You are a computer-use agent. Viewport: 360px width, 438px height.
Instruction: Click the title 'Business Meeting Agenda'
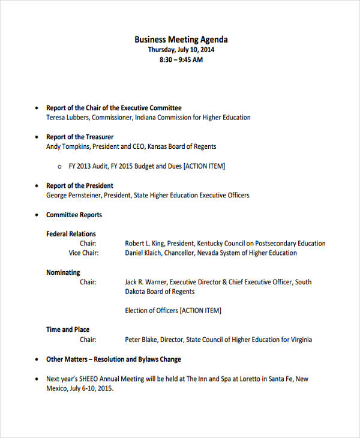[x=181, y=40]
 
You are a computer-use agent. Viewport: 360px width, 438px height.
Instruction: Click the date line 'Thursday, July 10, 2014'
[x=181, y=50]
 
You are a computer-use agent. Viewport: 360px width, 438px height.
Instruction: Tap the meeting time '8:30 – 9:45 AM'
[x=181, y=60]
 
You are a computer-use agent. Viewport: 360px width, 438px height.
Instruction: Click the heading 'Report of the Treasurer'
[x=80, y=137]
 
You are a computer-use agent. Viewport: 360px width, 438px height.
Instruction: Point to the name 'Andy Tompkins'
[x=67, y=146]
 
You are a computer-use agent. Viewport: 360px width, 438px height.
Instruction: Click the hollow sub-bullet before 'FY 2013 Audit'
[x=59, y=166]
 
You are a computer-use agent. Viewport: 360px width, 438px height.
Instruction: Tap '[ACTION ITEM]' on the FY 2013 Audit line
[x=204, y=166]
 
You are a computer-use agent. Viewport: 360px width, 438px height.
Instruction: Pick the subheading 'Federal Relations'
[x=71, y=234]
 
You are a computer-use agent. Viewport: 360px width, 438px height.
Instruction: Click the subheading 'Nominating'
[x=63, y=272]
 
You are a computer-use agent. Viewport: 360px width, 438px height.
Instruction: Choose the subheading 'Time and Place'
[x=68, y=329]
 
